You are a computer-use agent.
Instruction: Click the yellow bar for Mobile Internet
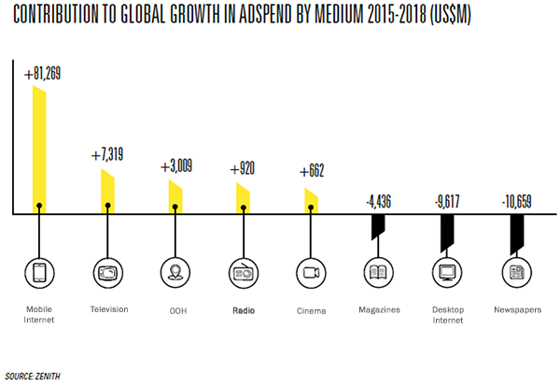(39, 150)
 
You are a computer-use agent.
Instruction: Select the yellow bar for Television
(108, 192)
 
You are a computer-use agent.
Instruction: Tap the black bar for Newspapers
(515, 233)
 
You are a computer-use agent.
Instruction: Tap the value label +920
(243, 169)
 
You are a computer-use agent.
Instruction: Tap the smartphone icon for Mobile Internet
(39, 273)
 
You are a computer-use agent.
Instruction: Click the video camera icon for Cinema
(311, 273)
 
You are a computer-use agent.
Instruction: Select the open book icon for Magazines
(378, 273)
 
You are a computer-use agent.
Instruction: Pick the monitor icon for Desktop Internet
(446, 273)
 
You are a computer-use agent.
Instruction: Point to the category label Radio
(243, 309)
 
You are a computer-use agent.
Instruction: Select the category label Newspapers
(515, 309)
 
